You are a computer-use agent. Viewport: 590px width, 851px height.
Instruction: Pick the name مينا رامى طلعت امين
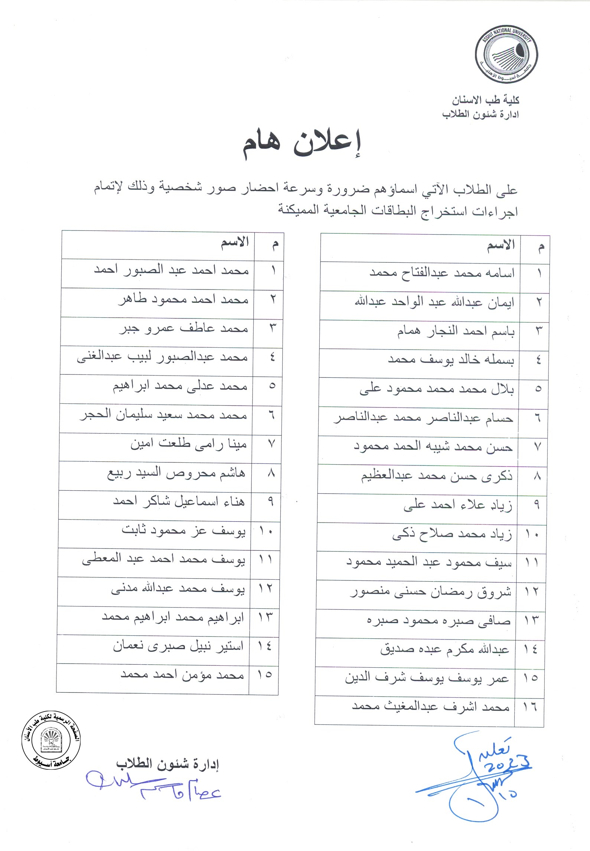pyautogui.click(x=188, y=444)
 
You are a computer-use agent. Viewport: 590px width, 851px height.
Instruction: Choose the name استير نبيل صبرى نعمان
pyautogui.click(x=179, y=646)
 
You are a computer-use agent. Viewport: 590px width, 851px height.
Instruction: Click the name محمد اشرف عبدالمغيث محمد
pyautogui.click(x=430, y=707)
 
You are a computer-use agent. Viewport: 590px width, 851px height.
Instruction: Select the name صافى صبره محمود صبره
pyautogui.click(x=439, y=621)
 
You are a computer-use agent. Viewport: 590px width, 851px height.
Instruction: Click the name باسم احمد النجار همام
pyautogui.click(x=456, y=331)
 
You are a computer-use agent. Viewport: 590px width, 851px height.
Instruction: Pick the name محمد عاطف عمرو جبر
pyautogui.click(x=183, y=329)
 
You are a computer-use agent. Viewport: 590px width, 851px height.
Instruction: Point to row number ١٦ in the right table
pyautogui.click(x=530, y=707)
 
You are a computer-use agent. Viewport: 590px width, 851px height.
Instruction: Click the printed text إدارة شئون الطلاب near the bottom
pyautogui.click(x=167, y=764)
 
